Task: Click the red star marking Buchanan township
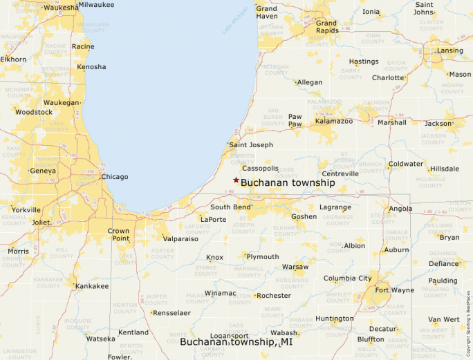(x=236, y=180)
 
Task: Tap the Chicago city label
(x=114, y=177)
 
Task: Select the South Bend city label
(x=230, y=207)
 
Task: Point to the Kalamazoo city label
(x=334, y=121)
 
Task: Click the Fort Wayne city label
(x=395, y=290)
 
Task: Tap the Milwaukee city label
(x=96, y=5)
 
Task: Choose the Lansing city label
(x=449, y=50)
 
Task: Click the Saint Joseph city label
(x=251, y=145)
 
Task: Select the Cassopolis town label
(x=260, y=168)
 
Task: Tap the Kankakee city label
(x=91, y=286)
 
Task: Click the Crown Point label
(x=118, y=234)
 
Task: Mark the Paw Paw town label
(x=295, y=120)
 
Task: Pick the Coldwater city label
(x=405, y=164)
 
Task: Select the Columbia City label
(x=347, y=278)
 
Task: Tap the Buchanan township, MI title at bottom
(x=236, y=342)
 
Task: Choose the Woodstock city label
(x=33, y=112)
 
